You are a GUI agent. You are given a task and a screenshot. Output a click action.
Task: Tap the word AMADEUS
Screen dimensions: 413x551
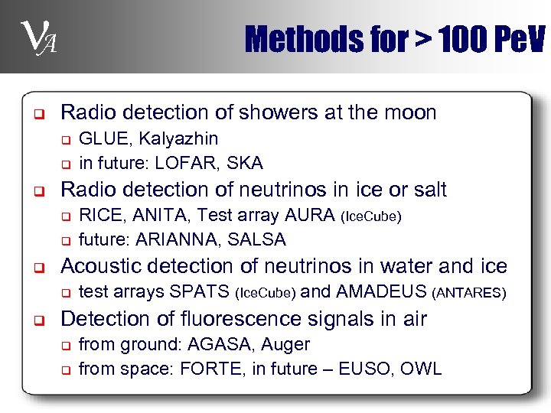(381, 291)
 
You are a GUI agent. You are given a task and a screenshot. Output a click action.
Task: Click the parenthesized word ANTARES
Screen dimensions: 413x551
(469, 292)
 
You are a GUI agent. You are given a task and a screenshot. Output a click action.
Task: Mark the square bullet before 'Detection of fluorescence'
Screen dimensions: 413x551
(36, 319)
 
